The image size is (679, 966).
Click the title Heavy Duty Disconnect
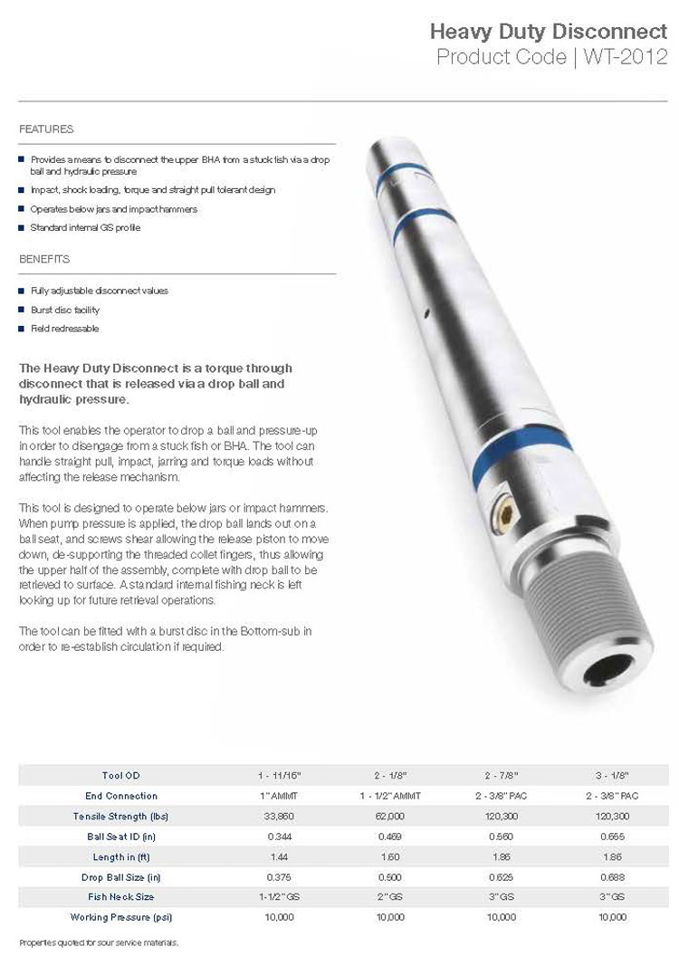[x=549, y=33]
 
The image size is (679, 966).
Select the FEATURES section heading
[x=46, y=129]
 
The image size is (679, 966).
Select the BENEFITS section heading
[x=44, y=259]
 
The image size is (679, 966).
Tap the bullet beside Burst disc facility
[x=22, y=310]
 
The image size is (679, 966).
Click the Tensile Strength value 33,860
[x=279, y=816]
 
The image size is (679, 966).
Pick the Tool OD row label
[x=121, y=776]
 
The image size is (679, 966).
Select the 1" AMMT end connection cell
[x=279, y=796]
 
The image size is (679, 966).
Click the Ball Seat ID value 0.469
[x=389, y=837]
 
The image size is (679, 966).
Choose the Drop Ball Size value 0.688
[x=612, y=877]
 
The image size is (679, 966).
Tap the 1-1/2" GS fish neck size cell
[x=279, y=897]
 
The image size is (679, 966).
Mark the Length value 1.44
[x=279, y=856]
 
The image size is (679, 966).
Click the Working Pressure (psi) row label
[x=121, y=917]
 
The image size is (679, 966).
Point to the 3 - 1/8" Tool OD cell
[x=612, y=776]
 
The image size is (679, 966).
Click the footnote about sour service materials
[x=99, y=942]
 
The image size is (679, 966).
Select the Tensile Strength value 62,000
[x=389, y=816]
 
